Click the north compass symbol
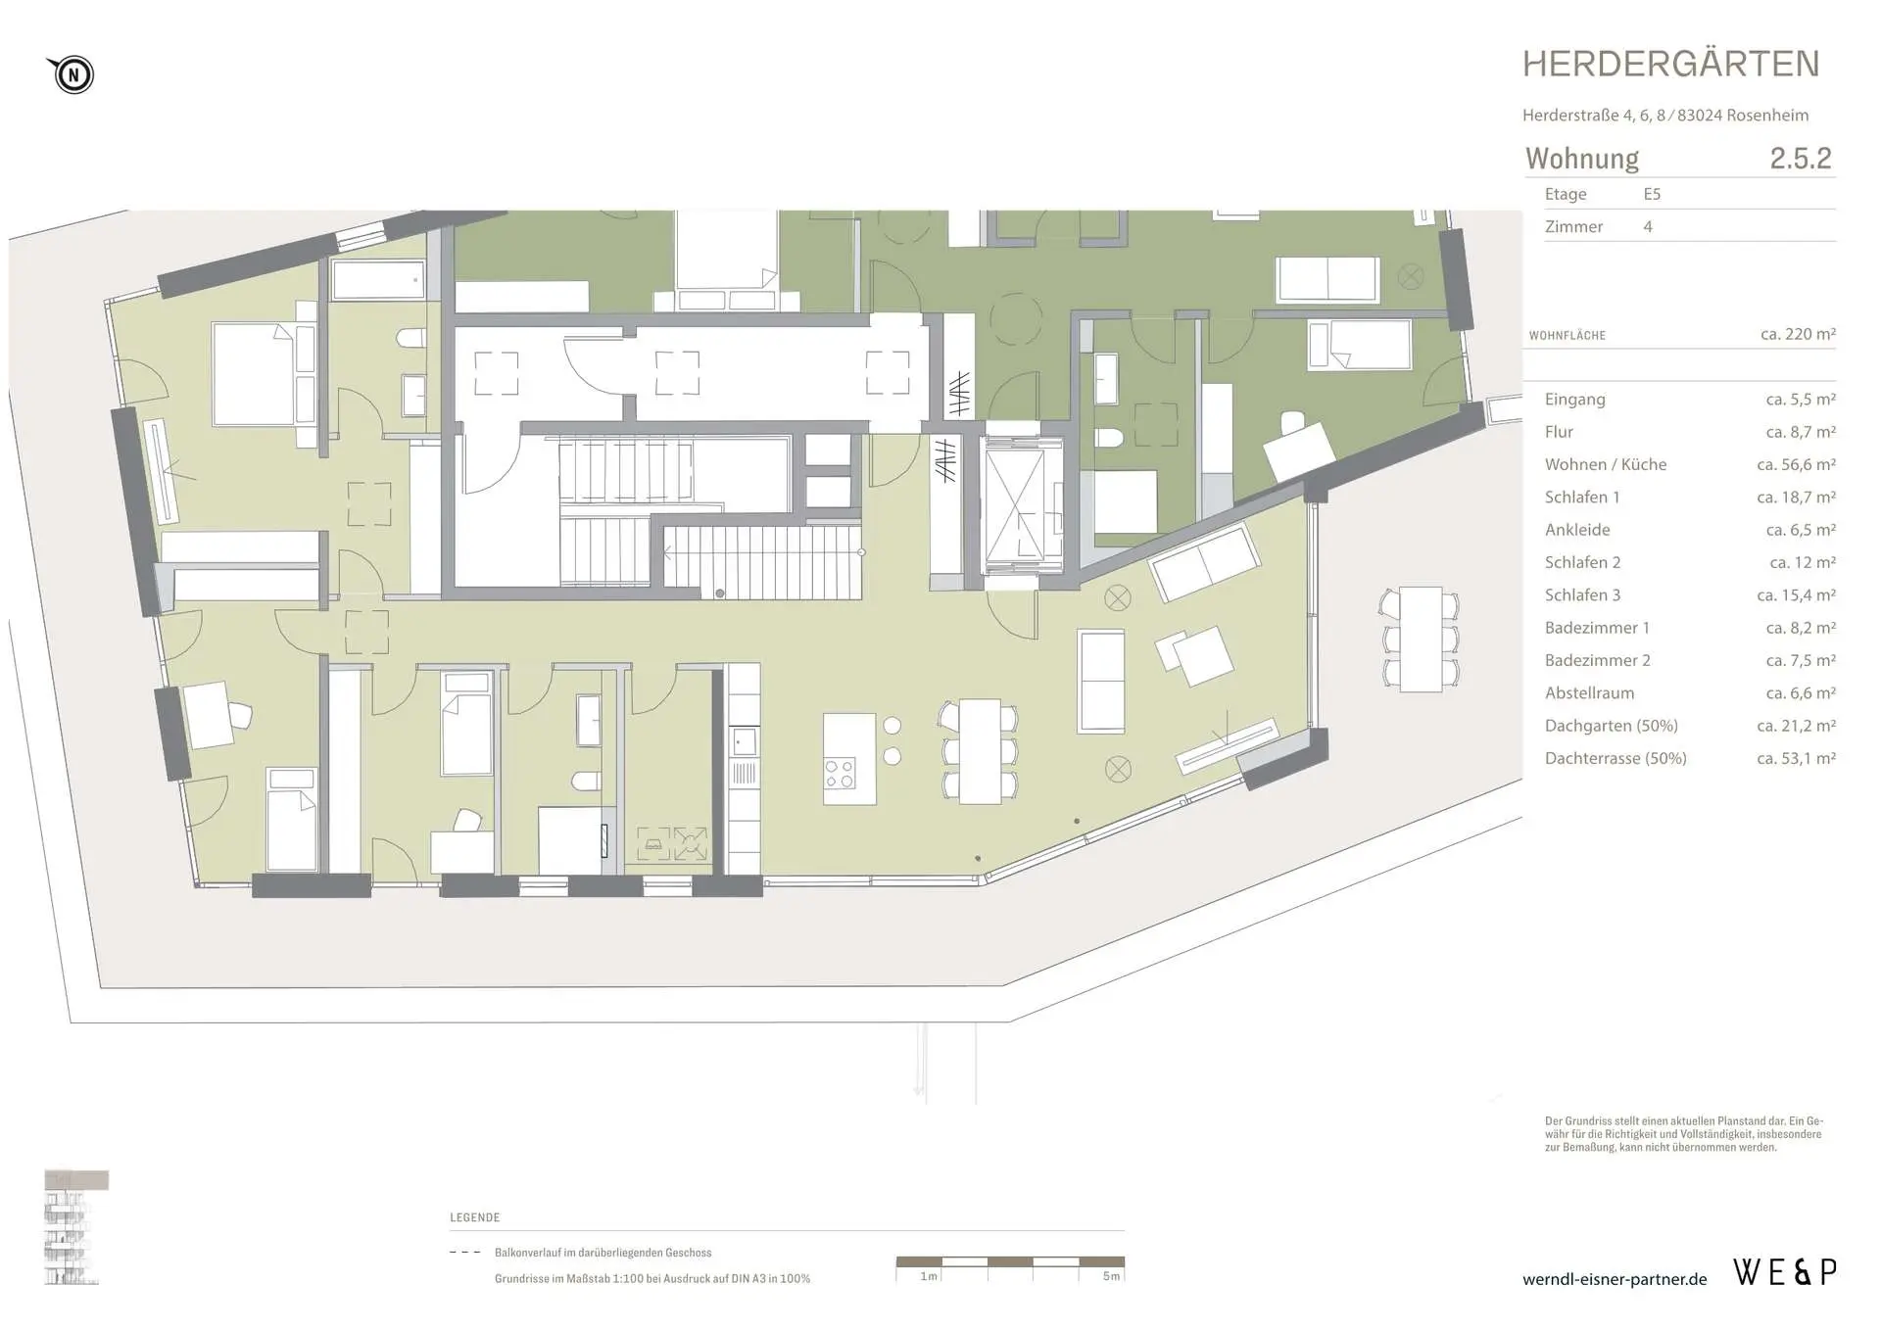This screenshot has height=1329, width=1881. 72,74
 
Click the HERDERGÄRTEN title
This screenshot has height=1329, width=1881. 1670,65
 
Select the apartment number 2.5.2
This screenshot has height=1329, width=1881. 1800,158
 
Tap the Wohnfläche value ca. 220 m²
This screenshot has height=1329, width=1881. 1798,334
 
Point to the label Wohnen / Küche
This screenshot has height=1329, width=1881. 1605,464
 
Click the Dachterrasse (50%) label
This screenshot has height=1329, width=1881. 1616,758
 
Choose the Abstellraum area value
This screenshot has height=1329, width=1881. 1801,693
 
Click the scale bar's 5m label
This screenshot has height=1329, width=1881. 1111,1276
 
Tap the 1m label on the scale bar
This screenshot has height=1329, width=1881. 929,1276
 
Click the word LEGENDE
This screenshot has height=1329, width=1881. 475,1217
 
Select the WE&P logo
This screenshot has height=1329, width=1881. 1784,1272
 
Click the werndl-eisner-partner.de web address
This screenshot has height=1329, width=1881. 1615,1279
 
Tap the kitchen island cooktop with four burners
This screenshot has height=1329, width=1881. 840,774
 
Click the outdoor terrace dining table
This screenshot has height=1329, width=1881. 1421,639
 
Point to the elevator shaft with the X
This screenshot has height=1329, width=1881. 1023,505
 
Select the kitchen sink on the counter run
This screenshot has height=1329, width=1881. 744,741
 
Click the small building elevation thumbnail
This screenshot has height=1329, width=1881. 75,1227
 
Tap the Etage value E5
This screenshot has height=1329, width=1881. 1652,194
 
